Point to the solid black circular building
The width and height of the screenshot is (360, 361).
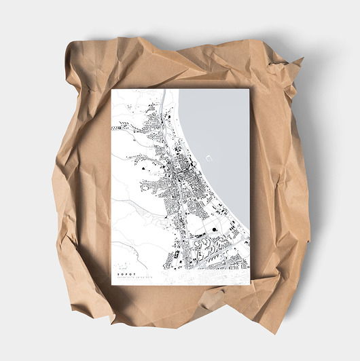click(x=215, y=230)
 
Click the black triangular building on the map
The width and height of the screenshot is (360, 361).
click(x=145, y=164)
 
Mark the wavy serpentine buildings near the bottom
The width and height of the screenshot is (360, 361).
click(x=201, y=244)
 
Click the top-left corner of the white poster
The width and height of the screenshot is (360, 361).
click(x=112, y=90)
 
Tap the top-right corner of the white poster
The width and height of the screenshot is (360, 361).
click(x=250, y=90)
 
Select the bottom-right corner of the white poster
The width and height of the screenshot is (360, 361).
click(x=250, y=283)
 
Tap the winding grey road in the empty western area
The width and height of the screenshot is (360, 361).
click(x=129, y=204)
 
